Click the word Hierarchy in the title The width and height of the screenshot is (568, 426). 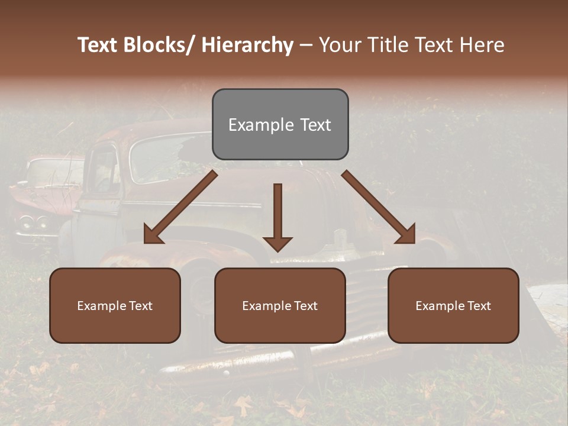coord(247,46)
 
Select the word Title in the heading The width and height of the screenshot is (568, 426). coord(385,46)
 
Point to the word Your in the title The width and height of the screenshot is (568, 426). coord(340,46)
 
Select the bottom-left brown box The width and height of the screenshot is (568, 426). coord(115,325)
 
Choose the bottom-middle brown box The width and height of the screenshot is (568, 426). coord(280,325)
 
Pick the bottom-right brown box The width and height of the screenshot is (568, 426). coord(453,325)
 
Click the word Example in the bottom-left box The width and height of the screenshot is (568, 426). coord(100,306)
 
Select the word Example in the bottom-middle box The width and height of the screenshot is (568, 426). coord(265,306)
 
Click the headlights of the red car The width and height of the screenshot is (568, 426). coord(33,222)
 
